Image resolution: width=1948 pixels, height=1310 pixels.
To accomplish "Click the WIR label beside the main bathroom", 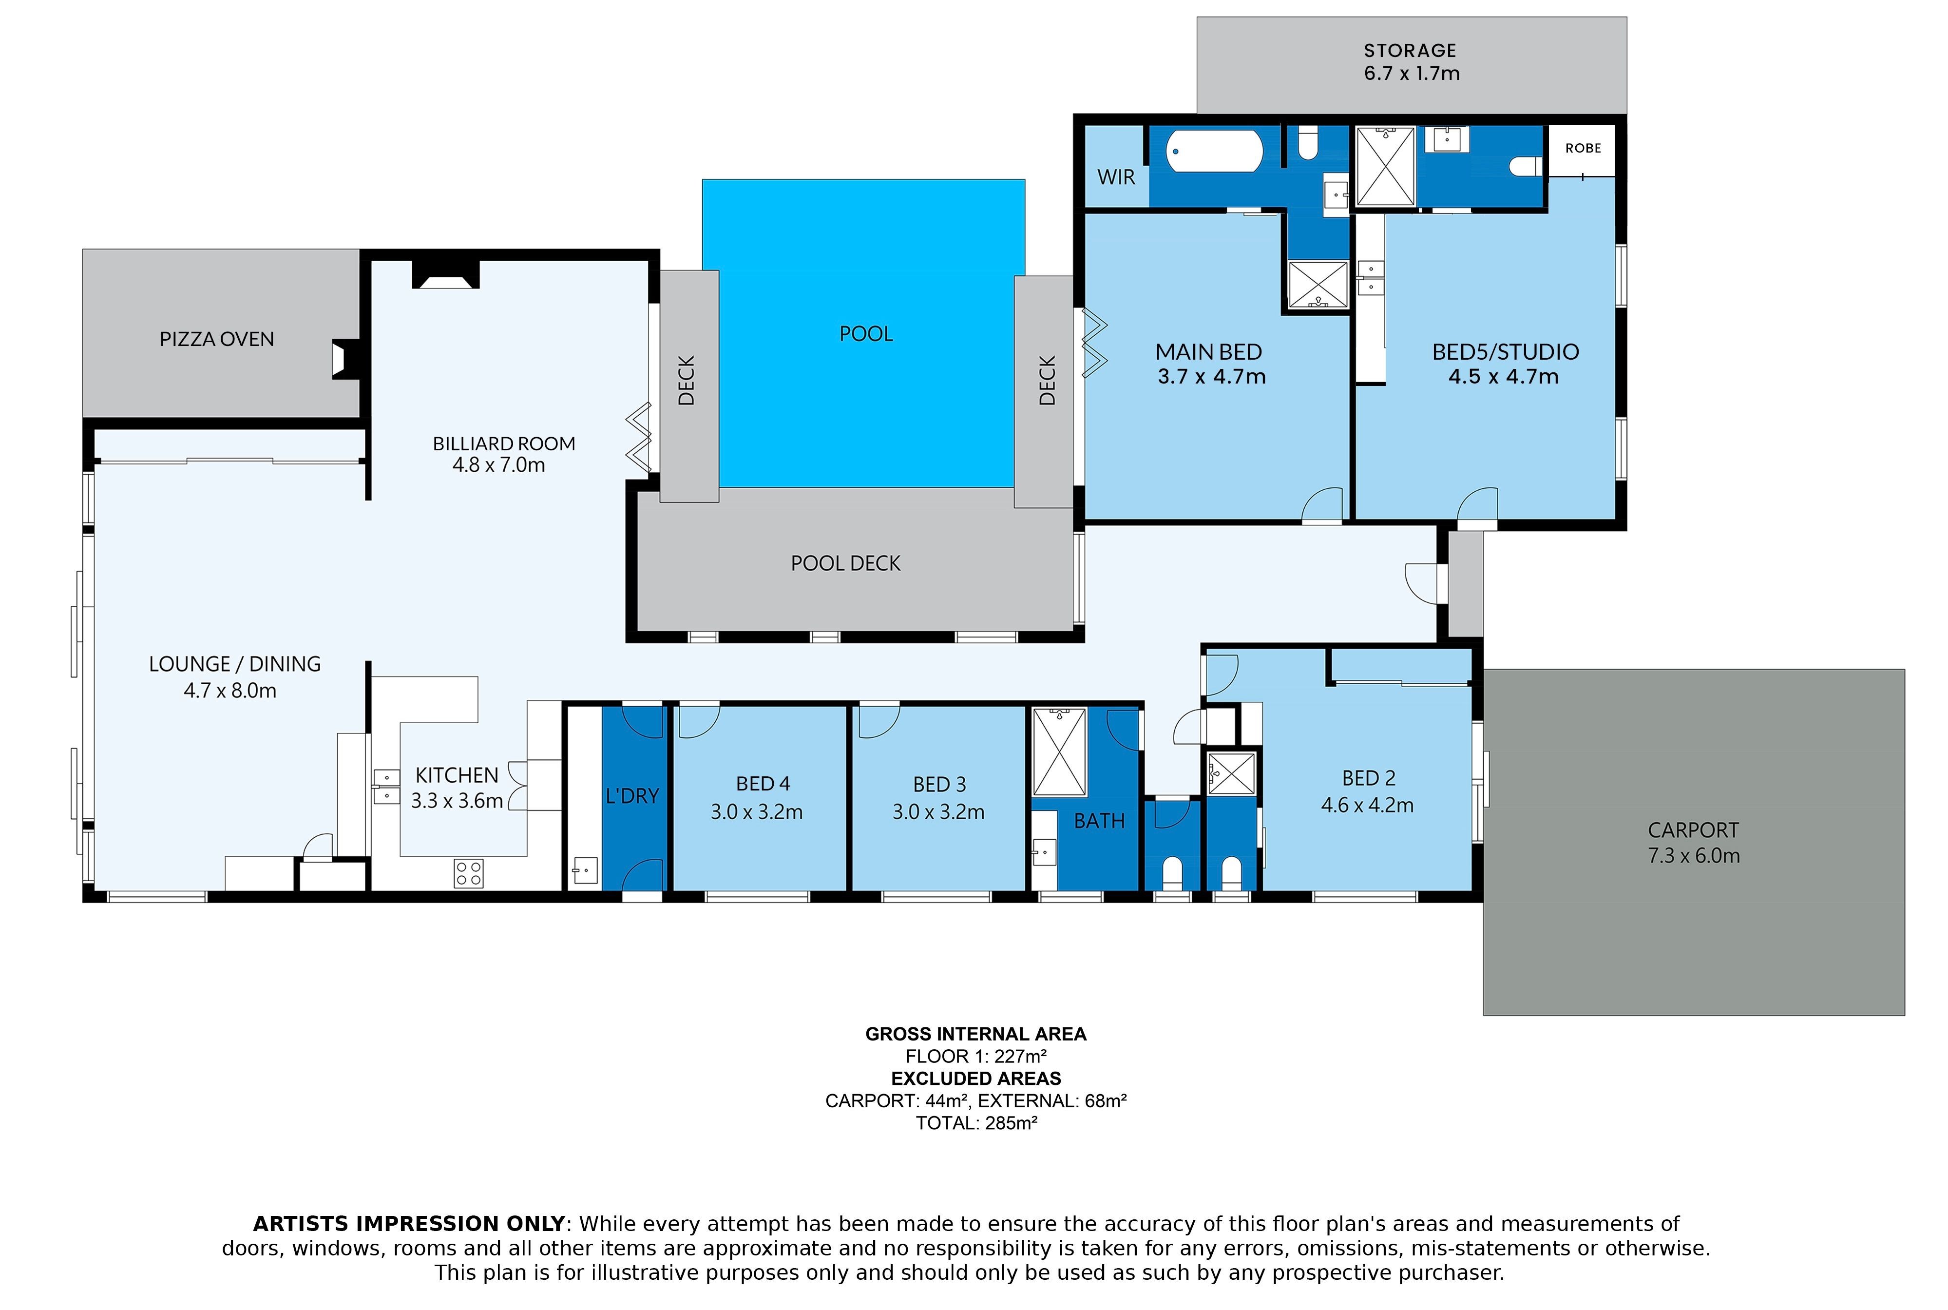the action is pyautogui.click(x=1116, y=177).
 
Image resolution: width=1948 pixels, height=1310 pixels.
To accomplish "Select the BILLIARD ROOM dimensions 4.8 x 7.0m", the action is pyautogui.click(x=499, y=465).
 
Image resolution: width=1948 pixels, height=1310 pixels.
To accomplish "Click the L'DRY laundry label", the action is pyautogui.click(x=632, y=796).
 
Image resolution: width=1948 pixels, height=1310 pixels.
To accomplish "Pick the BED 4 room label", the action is pyautogui.click(x=763, y=784).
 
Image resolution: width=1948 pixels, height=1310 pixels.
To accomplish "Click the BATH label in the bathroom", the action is pyautogui.click(x=1099, y=821).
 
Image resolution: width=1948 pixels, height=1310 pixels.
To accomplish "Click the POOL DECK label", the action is pyautogui.click(x=845, y=564).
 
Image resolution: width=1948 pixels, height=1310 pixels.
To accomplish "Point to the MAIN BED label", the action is pyautogui.click(x=1209, y=352).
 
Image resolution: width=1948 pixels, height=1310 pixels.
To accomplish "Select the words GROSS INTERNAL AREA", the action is pyautogui.click(x=975, y=1034).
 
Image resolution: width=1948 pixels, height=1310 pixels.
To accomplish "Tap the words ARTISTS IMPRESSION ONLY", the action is pyautogui.click(x=409, y=1224).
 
